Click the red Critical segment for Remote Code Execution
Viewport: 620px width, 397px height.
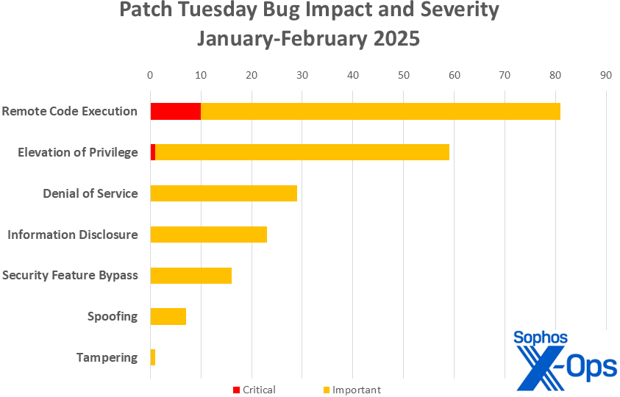(175, 111)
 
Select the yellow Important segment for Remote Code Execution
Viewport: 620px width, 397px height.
(380, 111)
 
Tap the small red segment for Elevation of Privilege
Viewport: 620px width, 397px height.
(153, 152)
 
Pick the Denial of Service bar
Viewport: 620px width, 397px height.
(224, 193)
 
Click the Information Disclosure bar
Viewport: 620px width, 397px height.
(208, 235)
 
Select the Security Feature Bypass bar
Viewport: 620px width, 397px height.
(190, 276)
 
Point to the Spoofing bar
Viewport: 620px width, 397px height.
(168, 316)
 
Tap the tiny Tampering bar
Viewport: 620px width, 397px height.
(153, 357)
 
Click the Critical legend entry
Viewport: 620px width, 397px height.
(254, 390)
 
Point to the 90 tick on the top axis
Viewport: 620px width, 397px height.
(605, 74)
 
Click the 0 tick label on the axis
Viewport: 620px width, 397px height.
(150, 74)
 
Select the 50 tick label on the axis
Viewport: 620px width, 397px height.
(403, 74)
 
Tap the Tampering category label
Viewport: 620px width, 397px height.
(107, 357)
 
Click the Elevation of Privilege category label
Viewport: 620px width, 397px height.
(77, 152)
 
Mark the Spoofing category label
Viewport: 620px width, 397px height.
(112, 316)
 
